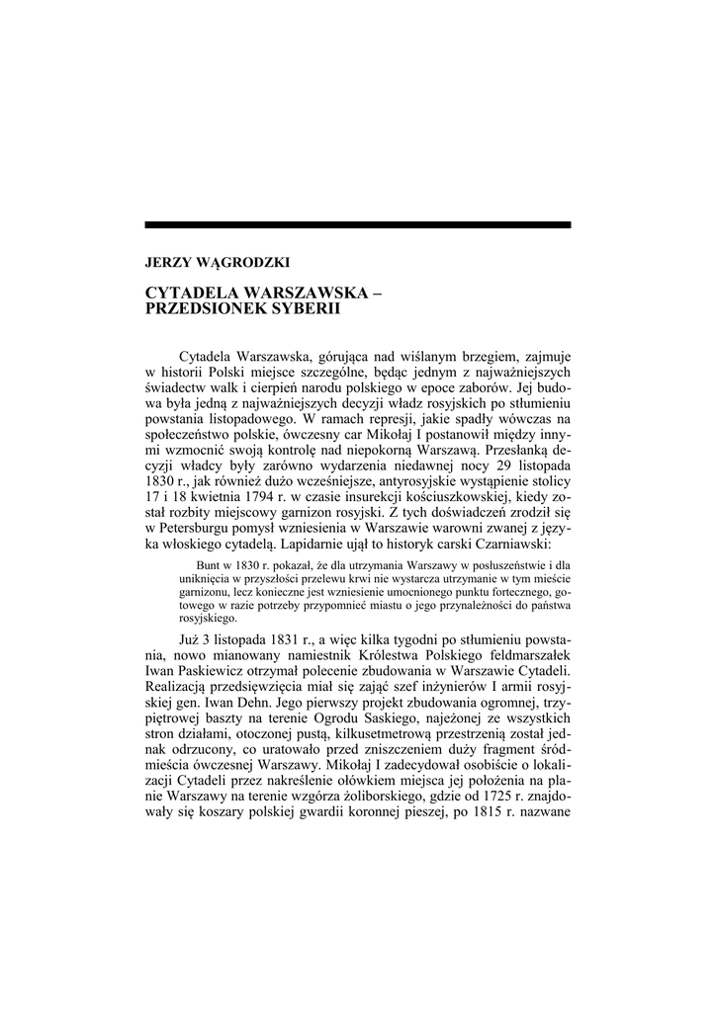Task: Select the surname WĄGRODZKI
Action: coord(233,263)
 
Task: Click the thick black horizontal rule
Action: coord(358,225)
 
